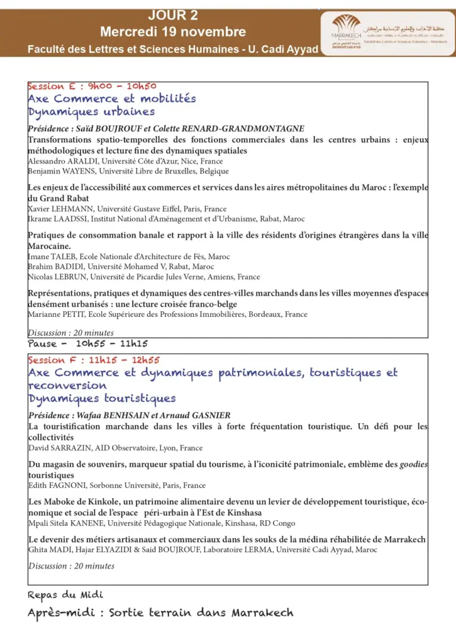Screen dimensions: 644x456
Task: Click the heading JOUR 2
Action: pyautogui.click(x=172, y=15)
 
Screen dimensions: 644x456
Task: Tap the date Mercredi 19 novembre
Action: pyautogui.click(x=172, y=31)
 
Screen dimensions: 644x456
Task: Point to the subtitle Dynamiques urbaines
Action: pyautogui.click(x=91, y=112)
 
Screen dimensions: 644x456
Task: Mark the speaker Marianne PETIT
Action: pyautogui.click(x=52, y=314)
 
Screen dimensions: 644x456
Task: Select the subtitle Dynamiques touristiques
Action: pyautogui.click(x=102, y=399)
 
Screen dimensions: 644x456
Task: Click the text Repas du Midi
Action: pyautogui.click(x=65, y=594)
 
